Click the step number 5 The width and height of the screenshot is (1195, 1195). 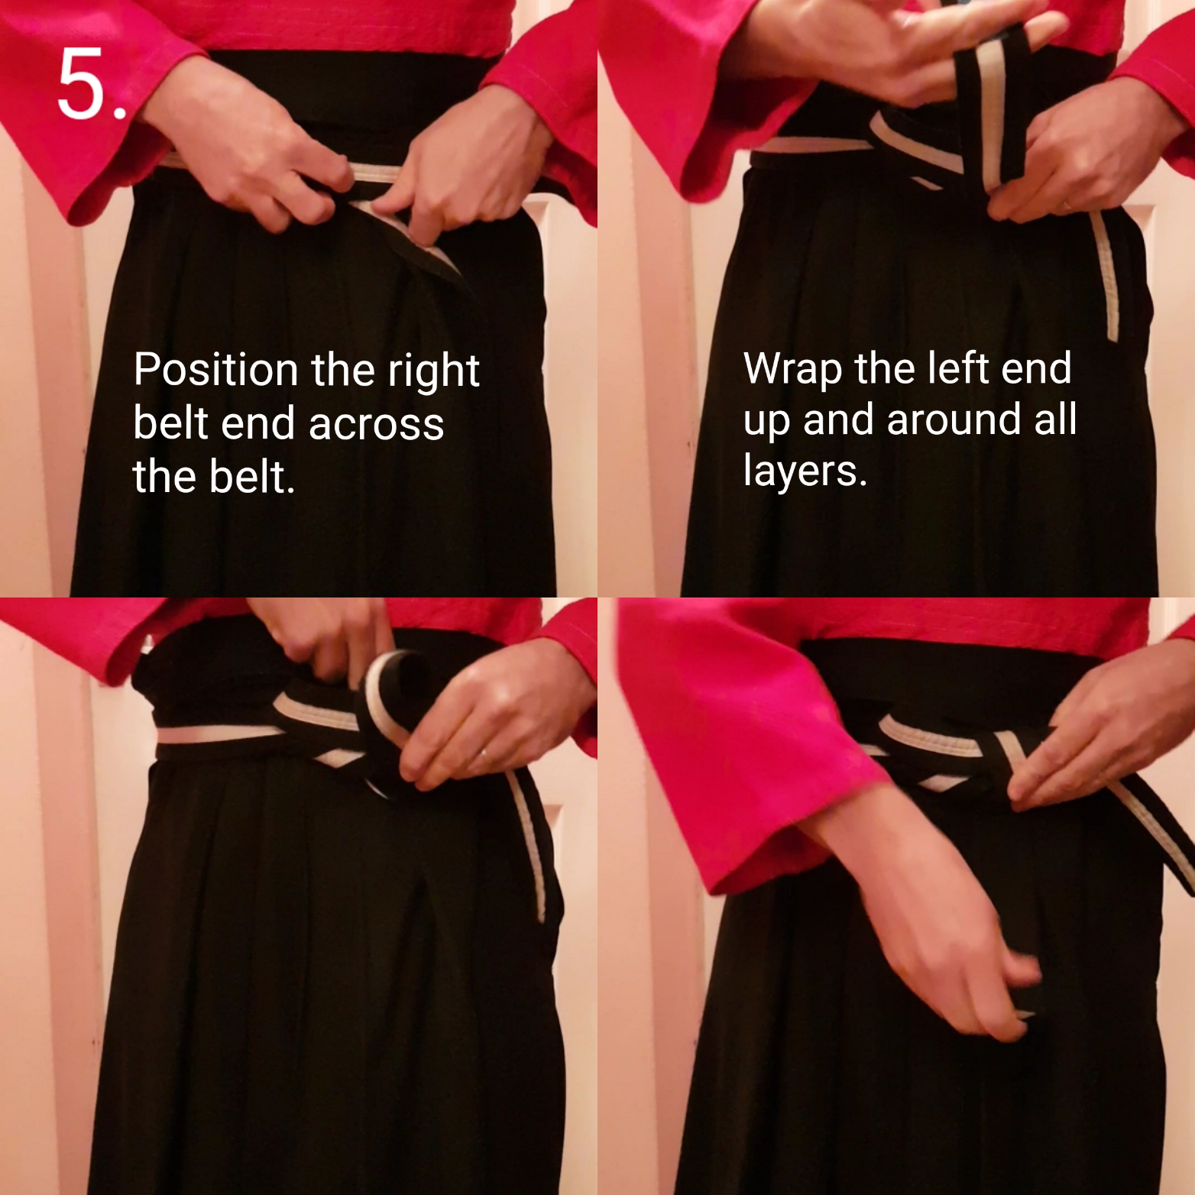(x=91, y=86)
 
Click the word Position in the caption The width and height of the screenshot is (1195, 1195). (x=216, y=370)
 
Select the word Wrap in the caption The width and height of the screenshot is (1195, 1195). (x=793, y=370)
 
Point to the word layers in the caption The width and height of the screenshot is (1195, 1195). (x=805, y=471)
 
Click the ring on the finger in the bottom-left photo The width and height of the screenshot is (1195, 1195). (x=484, y=756)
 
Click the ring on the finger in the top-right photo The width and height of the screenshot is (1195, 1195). (x=1066, y=205)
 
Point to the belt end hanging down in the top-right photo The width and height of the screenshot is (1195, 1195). (x=1104, y=275)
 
